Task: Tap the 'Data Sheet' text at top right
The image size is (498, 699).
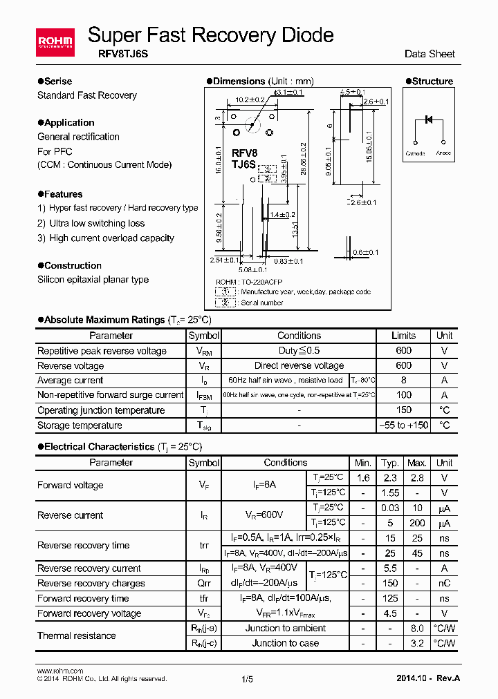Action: [x=430, y=53]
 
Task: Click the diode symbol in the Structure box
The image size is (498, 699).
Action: [x=428, y=119]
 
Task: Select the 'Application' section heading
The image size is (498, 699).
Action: [x=69, y=122]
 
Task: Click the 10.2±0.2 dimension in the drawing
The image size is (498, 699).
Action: [x=250, y=99]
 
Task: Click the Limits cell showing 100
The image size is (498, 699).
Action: [x=403, y=395]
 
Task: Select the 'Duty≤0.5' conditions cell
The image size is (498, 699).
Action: [x=299, y=351]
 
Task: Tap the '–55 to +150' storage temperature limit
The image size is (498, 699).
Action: [x=403, y=425]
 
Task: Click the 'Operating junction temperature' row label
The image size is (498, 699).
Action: [x=101, y=410]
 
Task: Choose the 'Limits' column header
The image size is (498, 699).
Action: [x=403, y=336]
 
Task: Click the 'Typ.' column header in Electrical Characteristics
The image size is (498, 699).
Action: [x=390, y=463]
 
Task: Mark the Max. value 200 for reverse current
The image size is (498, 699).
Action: [x=417, y=524]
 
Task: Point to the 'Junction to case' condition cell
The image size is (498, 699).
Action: [x=285, y=643]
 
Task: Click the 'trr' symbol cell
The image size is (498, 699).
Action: [x=204, y=546]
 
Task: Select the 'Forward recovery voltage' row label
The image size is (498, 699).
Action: [x=89, y=613]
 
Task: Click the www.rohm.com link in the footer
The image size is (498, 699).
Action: [x=59, y=671]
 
